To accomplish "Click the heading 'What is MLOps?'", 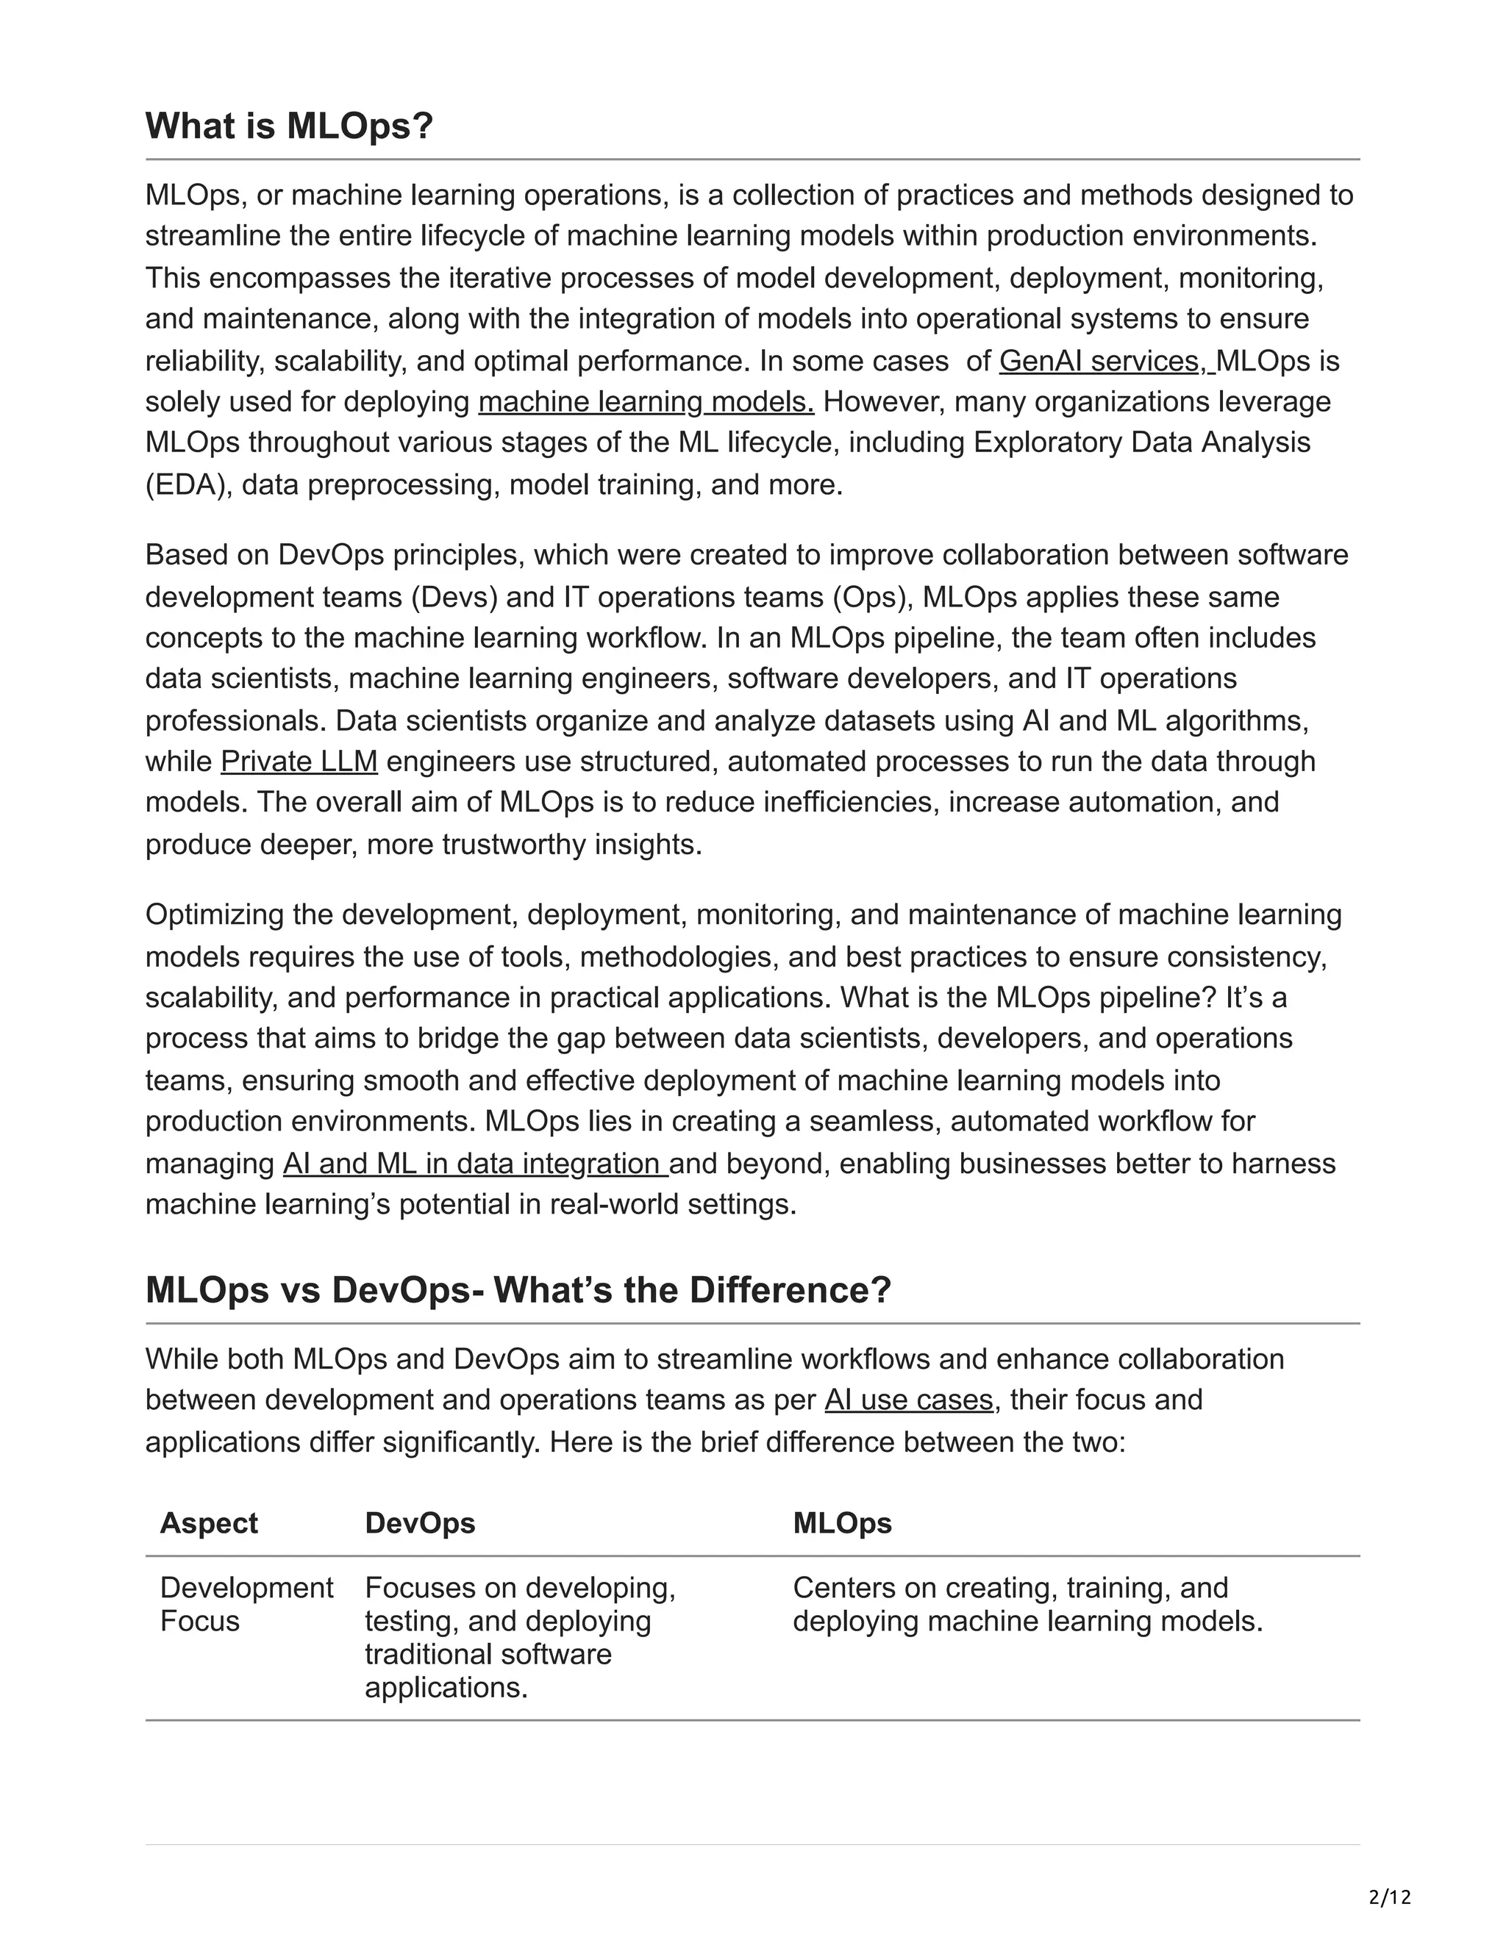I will coord(288,126).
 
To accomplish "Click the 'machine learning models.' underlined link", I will coord(646,401).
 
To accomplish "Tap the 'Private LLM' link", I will coord(299,761).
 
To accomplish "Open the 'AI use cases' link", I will coord(908,1400).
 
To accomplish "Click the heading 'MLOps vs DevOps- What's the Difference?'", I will coord(518,1290).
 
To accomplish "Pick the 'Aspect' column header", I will coord(209,1522).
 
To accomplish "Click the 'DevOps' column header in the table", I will coord(419,1522).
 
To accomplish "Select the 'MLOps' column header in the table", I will coord(841,1522).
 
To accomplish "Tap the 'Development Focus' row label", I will coord(246,1604).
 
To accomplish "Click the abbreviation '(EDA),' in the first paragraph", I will coord(189,485).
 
